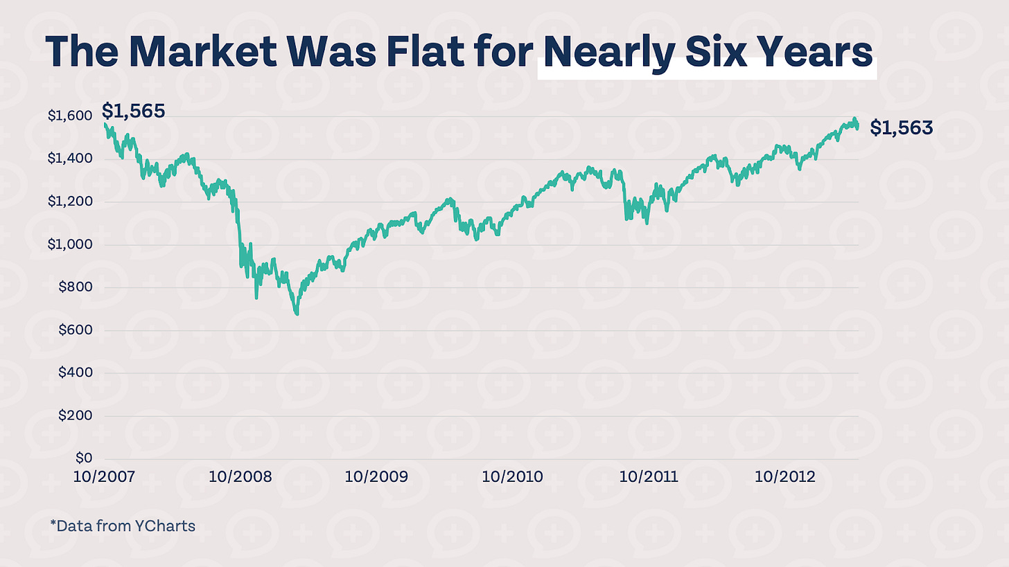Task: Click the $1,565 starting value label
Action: pos(133,111)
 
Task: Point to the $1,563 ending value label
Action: pos(902,127)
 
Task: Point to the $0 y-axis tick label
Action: pos(83,459)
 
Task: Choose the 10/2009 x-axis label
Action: pos(376,477)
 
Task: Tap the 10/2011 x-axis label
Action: pos(649,477)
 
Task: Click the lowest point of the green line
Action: pos(297,314)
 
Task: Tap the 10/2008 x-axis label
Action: pos(240,477)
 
